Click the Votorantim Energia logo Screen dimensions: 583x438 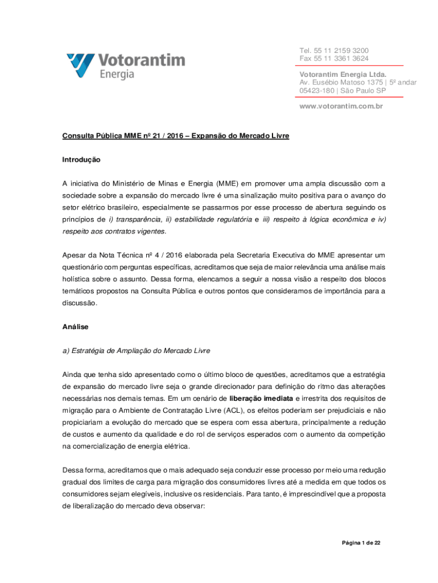pos(125,65)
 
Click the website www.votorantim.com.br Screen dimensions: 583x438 pos(341,106)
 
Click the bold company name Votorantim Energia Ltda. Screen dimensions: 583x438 pos(343,75)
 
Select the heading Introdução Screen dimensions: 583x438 pos(81,160)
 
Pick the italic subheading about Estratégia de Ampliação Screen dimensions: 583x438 pos(136,350)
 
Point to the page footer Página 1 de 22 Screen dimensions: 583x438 pos(357,543)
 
